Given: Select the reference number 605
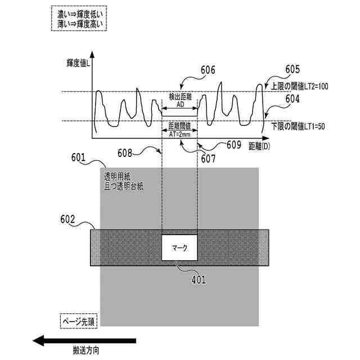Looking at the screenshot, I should coord(292,69).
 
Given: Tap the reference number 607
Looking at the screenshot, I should coord(208,159).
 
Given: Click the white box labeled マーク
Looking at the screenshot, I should coord(179,246).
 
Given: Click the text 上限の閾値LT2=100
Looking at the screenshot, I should coord(299,87).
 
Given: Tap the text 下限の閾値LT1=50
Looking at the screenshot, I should coord(298,126).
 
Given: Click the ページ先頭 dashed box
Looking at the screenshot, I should coord(79,322).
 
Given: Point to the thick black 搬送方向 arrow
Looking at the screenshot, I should coord(84,340).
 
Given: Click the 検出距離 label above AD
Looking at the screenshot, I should coord(180,97).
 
